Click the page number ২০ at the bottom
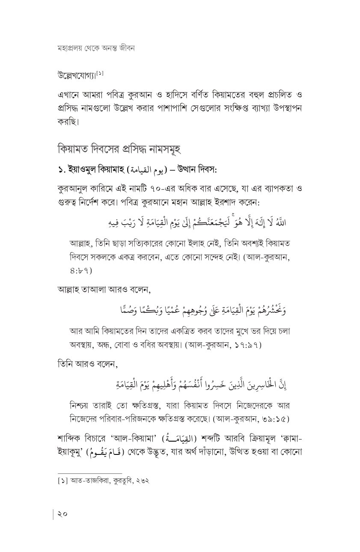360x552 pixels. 62,513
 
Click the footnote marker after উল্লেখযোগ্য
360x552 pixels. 100,74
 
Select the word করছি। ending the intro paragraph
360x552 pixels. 68,122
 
